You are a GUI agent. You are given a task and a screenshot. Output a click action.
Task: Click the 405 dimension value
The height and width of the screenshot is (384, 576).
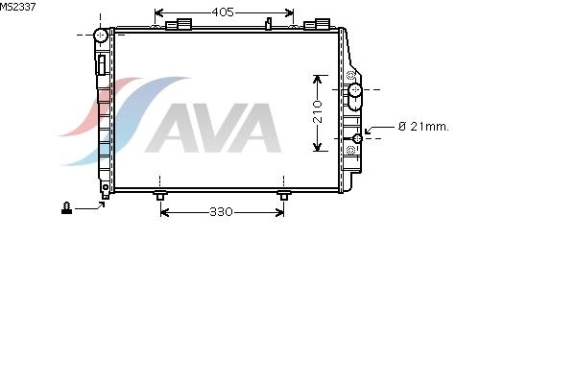click(223, 12)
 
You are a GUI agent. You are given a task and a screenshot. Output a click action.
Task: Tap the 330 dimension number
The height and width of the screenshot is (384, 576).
click(221, 212)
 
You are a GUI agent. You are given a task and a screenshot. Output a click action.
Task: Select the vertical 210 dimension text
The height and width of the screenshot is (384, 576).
click(318, 111)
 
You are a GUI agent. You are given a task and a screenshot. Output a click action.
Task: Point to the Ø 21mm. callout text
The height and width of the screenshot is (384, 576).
click(423, 127)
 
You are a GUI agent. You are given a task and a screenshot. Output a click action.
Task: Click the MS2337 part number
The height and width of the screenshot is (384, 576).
click(17, 7)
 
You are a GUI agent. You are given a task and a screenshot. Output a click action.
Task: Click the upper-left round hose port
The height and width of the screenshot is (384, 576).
click(100, 36)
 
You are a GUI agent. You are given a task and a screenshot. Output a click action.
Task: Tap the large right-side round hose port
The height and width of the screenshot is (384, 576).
click(355, 89)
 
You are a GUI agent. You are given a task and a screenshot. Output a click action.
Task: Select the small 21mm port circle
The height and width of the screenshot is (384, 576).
click(357, 138)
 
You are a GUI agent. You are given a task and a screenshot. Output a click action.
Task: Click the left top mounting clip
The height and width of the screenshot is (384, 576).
click(179, 24)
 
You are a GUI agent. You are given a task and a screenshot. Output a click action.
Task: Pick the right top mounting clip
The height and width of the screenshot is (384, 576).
click(317, 24)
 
